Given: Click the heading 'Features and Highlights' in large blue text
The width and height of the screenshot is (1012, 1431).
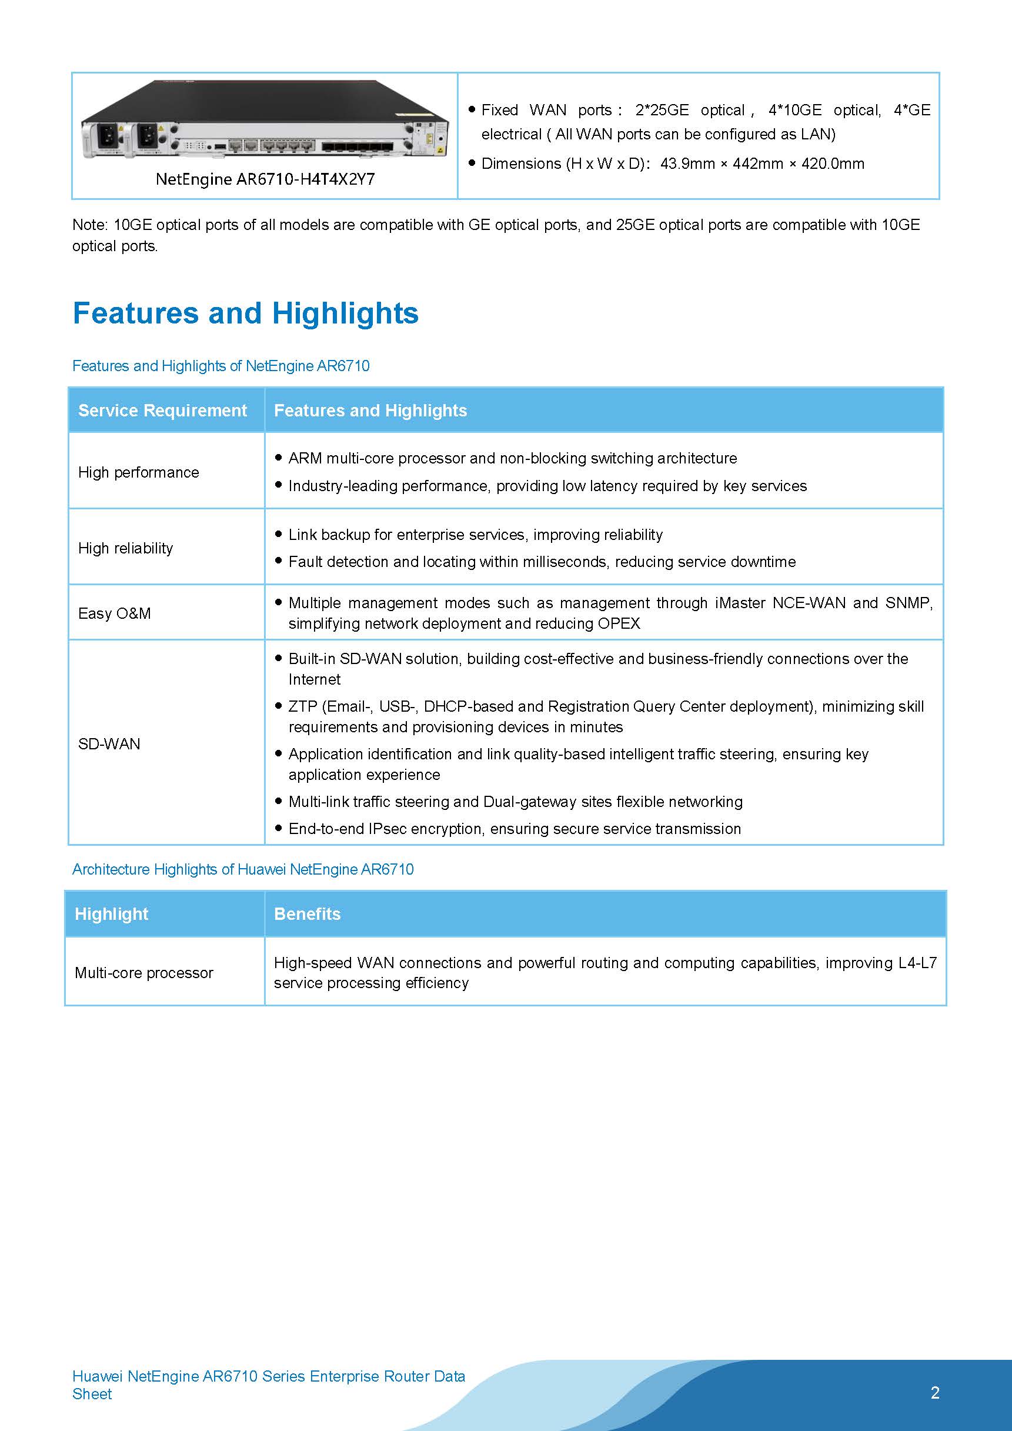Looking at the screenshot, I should coord(246,313).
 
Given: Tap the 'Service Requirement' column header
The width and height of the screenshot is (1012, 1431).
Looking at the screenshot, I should coord(162,410).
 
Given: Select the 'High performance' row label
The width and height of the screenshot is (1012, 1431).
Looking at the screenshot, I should coord(138,472).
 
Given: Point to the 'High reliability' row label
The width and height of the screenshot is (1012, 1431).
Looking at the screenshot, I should coord(125,548).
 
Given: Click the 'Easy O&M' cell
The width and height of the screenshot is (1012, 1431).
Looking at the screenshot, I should coord(114,613).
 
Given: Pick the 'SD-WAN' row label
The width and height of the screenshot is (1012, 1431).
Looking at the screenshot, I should coord(109,743).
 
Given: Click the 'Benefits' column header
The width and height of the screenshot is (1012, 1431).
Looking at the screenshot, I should coord(307,913).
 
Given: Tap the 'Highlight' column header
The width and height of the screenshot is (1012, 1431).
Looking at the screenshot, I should coord(112,913).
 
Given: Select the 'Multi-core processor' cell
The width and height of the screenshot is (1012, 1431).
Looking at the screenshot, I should coord(144,972).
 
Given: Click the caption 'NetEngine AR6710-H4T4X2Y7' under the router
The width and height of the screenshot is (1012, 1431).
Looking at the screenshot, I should coord(265,179).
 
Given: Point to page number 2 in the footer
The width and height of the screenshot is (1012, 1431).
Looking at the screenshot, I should coord(935,1392).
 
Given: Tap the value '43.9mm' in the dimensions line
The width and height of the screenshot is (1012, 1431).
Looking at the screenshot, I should coord(687,164).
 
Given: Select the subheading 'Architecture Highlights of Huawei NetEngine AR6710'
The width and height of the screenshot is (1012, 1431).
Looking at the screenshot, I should coord(242,869).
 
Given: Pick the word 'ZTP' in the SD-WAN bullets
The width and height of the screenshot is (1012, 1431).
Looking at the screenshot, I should coord(303,706).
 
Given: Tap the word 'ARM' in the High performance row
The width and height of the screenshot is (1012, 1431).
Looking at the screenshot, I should coord(305,458).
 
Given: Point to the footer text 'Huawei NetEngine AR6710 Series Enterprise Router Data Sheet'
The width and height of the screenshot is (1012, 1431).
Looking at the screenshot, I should coord(269,1385).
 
